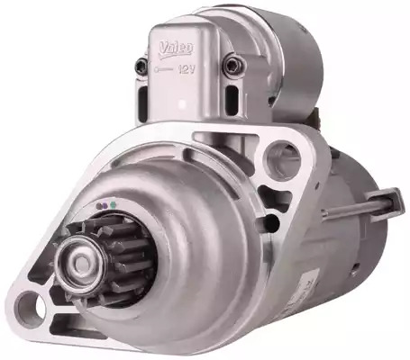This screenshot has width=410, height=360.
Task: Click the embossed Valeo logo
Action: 177,48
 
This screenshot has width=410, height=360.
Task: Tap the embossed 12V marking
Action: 187,69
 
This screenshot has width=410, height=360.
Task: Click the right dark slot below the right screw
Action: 232,96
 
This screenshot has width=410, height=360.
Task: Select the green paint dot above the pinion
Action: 113,205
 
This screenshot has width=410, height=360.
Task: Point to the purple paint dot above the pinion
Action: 103,206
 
